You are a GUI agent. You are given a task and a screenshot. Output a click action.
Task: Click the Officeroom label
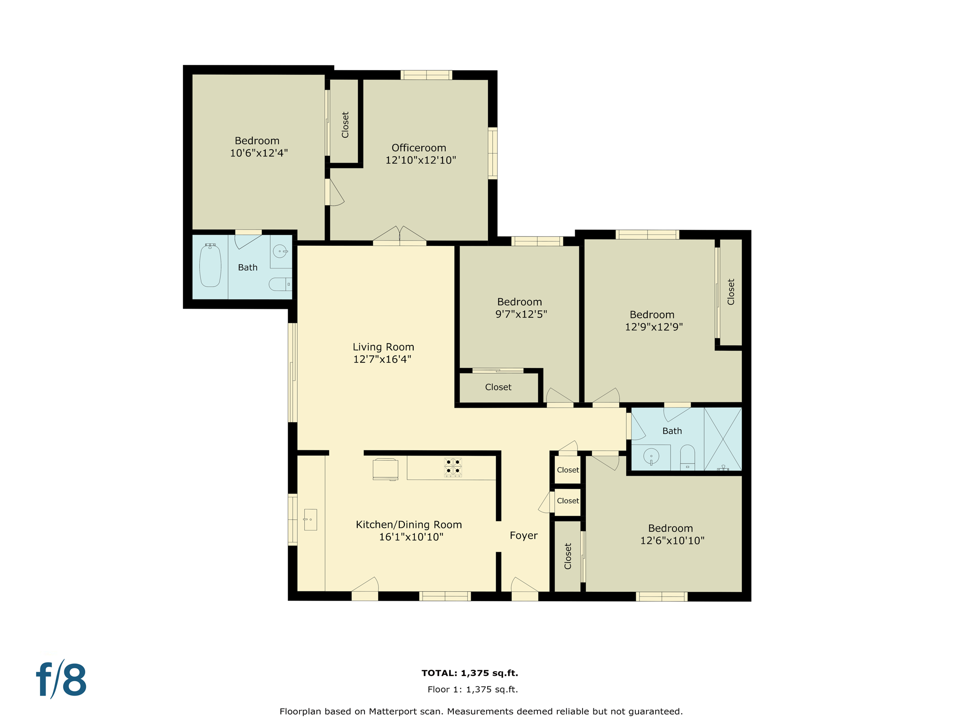[418, 148]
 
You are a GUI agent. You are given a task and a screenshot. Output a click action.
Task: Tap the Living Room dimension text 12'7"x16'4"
[382, 360]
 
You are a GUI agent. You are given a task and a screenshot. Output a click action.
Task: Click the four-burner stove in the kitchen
[453, 467]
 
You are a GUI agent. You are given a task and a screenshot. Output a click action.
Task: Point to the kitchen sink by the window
[310, 519]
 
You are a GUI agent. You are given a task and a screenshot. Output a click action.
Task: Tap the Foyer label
[523, 536]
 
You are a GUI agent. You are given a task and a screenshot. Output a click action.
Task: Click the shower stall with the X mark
[723, 439]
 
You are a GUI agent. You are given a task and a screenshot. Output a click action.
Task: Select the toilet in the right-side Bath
[687, 457]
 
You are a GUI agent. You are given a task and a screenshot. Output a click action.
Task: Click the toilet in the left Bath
[279, 284]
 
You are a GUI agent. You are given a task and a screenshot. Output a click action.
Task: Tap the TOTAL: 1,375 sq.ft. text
[470, 673]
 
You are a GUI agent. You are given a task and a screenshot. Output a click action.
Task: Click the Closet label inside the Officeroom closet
[345, 125]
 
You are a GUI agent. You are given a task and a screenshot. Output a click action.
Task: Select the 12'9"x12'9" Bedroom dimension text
[654, 327]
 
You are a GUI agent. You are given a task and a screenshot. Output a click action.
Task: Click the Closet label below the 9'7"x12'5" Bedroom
[498, 387]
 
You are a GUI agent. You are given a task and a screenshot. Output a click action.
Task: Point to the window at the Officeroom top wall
[426, 75]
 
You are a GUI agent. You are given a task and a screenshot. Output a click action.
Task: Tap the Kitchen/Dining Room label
[409, 525]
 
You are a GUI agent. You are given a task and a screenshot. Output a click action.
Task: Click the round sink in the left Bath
[280, 251]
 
